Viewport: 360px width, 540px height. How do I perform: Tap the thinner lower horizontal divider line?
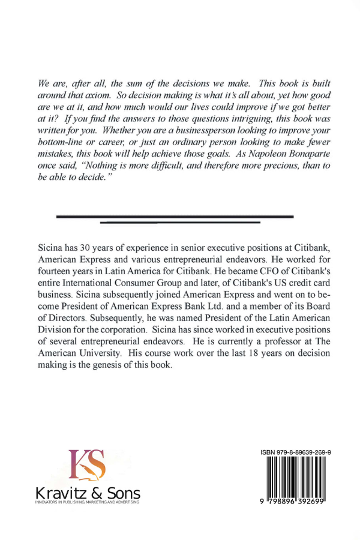click(x=180, y=223)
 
